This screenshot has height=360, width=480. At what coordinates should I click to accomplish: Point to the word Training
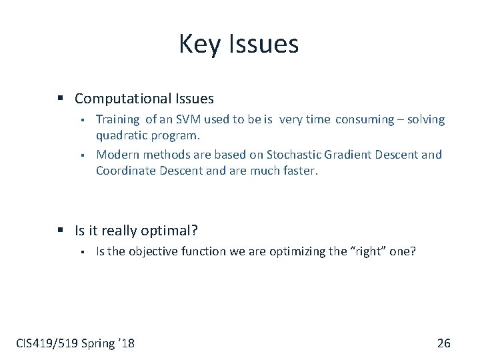[117, 120]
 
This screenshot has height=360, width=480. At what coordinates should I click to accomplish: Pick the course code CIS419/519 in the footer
[45, 343]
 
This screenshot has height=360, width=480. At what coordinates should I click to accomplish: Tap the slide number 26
[443, 343]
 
